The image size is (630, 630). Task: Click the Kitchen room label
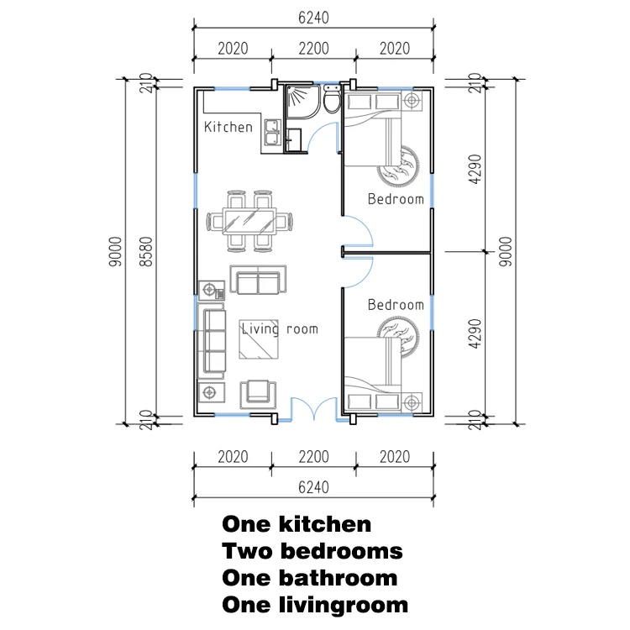228,127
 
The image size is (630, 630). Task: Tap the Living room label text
280,329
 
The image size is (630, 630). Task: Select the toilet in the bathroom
332,100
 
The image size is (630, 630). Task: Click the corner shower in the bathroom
303,102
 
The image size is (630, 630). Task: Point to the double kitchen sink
272,133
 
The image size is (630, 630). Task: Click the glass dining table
250,221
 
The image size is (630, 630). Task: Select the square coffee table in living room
259,339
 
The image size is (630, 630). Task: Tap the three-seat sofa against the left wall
213,341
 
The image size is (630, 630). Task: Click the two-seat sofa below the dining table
258,280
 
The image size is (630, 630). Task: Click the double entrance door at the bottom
314,409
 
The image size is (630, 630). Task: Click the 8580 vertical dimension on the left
147,251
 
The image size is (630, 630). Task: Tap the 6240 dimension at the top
313,18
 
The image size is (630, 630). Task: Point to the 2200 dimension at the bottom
313,457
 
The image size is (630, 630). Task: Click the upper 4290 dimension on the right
475,169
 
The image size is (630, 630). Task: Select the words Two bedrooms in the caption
312,551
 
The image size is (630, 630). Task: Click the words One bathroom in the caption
310,578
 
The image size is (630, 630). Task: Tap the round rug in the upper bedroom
398,166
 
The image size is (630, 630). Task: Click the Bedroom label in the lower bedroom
396,305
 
